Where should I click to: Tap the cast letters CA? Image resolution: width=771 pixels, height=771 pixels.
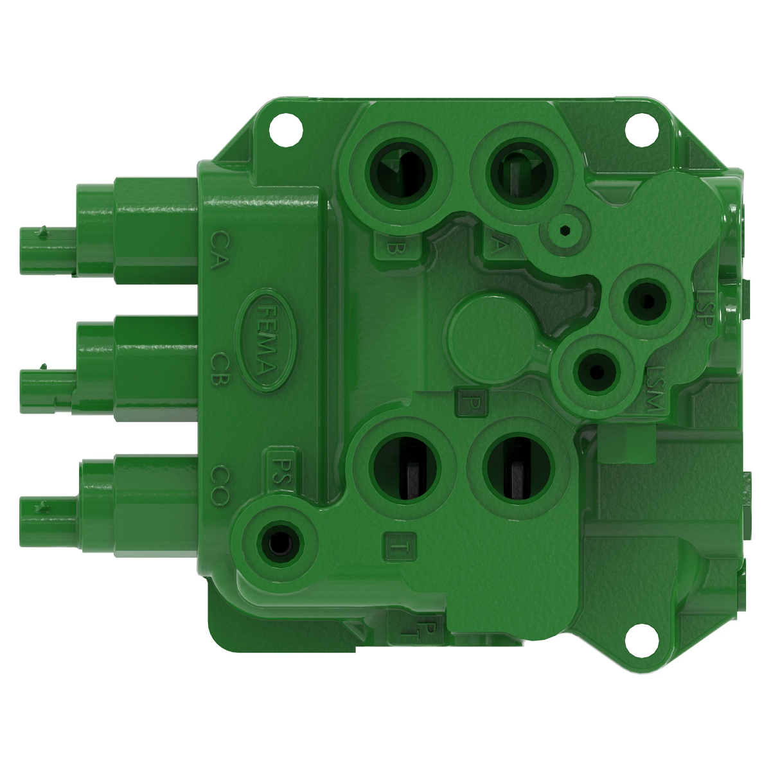click(219, 250)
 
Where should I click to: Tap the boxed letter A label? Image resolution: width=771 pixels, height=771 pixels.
click(496, 246)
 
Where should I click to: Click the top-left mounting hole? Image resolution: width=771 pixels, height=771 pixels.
click(285, 128)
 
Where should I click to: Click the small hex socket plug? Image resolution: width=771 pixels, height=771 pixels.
click(565, 231)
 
